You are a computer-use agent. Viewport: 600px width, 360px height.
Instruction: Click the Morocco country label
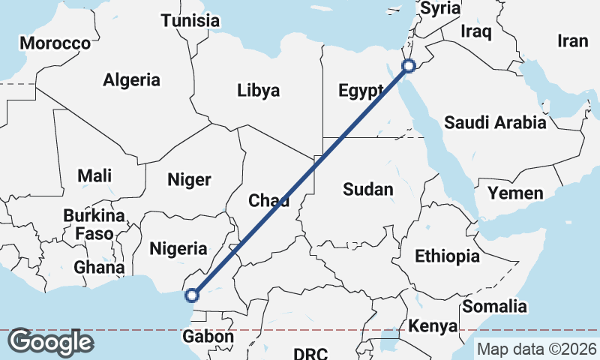pyautogui.click(x=55, y=43)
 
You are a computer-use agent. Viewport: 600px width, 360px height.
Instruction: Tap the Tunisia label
pyautogui.click(x=190, y=20)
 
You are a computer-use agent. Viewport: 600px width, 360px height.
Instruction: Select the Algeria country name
pyautogui.click(x=132, y=79)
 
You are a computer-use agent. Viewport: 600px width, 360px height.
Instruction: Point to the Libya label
pyautogui.click(x=258, y=91)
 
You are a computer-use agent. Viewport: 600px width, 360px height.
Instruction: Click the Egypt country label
pyautogui.click(x=361, y=91)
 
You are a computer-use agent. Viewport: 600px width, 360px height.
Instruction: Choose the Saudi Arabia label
pyautogui.click(x=494, y=122)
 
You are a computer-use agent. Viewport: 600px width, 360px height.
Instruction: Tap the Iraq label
pyautogui.click(x=475, y=31)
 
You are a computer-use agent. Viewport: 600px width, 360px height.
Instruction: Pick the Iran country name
pyautogui.click(x=573, y=41)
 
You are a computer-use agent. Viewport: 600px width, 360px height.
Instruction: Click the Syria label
pyautogui.click(x=441, y=8)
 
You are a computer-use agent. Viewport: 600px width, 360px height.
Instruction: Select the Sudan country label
pyautogui.click(x=367, y=189)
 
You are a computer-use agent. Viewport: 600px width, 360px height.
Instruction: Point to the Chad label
pyautogui.click(x=268, y=199)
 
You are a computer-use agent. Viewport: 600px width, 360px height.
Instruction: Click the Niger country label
pyautogui.click(x=189, y=179)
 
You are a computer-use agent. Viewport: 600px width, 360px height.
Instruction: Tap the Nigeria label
pyautogui.click(x=178, y=248)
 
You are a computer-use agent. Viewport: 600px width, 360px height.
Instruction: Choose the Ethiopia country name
pyautogui.click(x=447, y=256)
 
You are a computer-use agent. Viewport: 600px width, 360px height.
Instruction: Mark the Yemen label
pyautogui.click(x=515, y=193)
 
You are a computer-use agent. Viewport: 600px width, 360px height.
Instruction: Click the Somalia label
pyautogui.click(x=494, y=306)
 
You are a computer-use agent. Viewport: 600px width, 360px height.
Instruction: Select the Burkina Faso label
pyautogui.click(x=94, y=224)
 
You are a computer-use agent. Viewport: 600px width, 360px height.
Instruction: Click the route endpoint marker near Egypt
pyautogui.click(x=409, y=66)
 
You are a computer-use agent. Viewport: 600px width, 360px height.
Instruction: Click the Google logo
pyautogui.click(x=50, y=341)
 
